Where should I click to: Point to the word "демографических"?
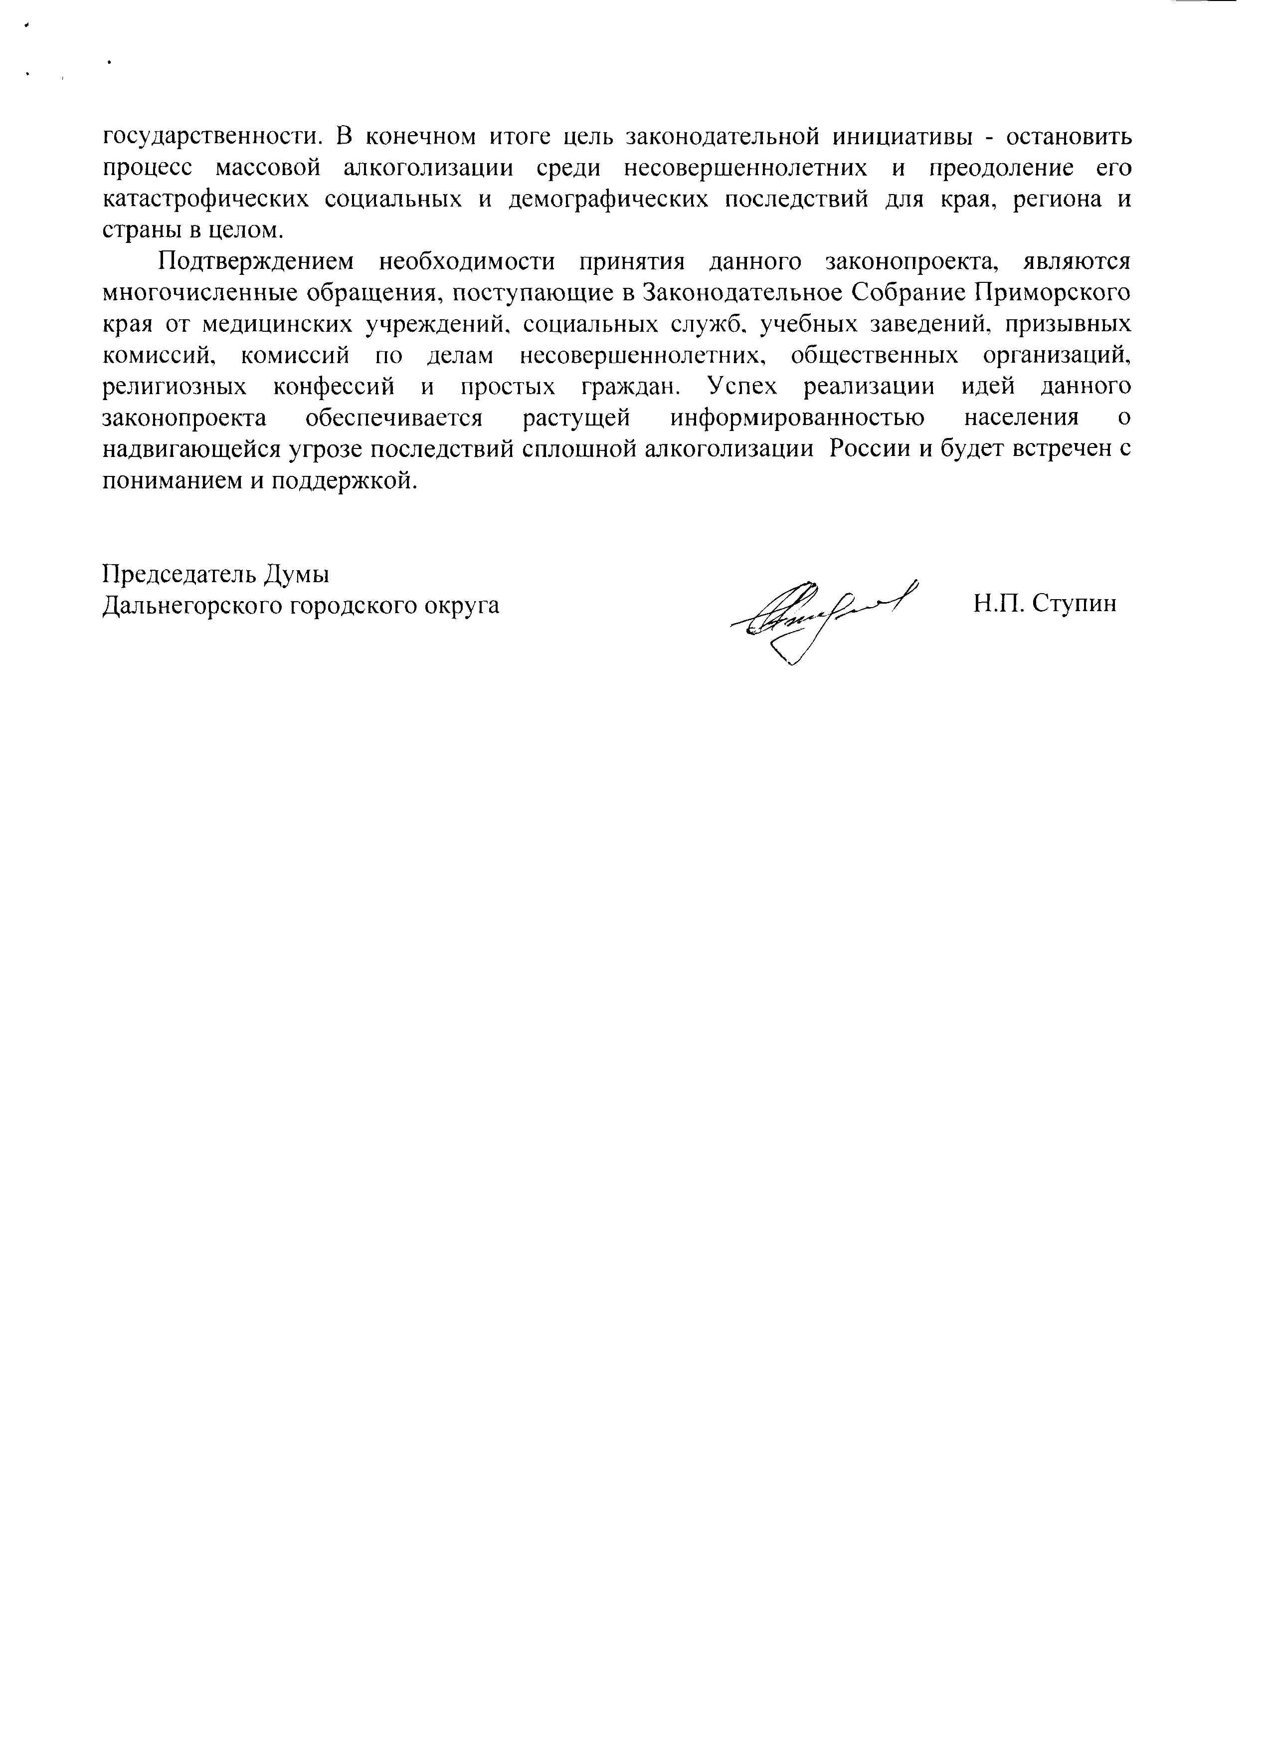tap(607, 200)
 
